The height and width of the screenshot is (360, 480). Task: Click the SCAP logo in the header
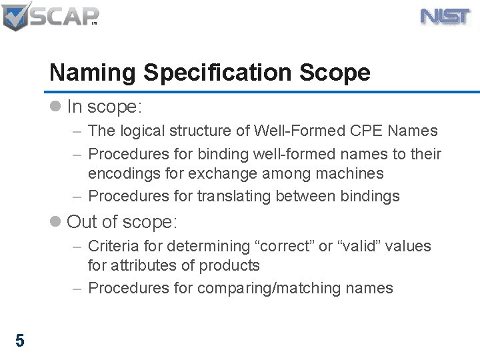(x=50, y=16)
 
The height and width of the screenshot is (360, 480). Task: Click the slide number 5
(x=20, y=341)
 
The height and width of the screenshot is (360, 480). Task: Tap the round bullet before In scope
(x=57, y=107)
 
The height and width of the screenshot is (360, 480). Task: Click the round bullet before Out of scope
(x=57, y=221)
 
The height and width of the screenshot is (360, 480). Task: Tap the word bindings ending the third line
(x=369, y=196)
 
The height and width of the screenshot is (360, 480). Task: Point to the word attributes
(x=147, y=265)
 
